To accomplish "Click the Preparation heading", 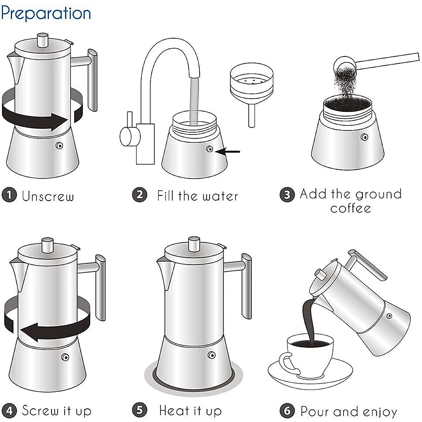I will (46, 13).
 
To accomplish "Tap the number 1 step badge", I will (9, 195).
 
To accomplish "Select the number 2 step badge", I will (139, 194).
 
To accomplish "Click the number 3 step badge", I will (287, 194).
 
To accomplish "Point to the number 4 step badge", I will (9, 410).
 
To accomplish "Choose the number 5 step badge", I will (139, 410).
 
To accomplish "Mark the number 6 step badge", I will (287, 410).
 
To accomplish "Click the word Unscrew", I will (48, 196).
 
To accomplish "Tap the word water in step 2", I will (220, 196).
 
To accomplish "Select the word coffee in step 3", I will (351, 208).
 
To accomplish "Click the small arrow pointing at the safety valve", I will (229, 152).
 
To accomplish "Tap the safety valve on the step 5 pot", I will (211, 355).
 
